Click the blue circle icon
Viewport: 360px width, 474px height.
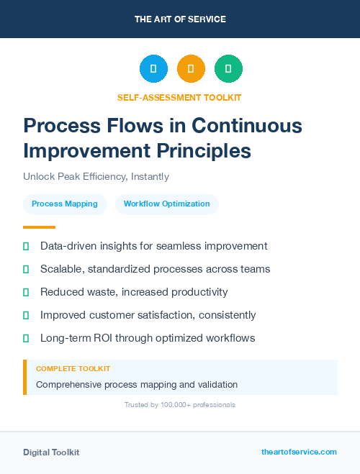[153, 69]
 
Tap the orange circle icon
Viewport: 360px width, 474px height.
[191, 69]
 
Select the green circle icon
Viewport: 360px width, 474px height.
[228, 69]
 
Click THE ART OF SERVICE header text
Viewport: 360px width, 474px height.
[180, 19]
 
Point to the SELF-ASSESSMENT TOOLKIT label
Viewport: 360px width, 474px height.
[179, 97]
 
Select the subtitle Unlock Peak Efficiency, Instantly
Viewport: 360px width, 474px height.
[95, 176]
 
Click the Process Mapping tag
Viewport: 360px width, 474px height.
[65, 204]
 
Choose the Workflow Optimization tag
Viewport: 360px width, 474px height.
[166, 204]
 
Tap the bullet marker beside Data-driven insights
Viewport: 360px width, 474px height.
[26, 246]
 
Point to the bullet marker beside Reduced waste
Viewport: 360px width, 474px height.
[26, 292]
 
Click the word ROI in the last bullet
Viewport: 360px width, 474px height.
[104, 338]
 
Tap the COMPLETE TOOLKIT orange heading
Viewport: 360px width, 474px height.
[73, 369]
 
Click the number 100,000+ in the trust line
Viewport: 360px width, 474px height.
[172, 405]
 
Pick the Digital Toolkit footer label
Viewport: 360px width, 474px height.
[51, 452]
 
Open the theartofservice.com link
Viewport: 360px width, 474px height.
[299, 452]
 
